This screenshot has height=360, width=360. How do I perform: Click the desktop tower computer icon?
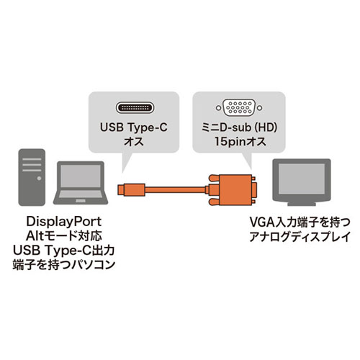[x=32, y=177]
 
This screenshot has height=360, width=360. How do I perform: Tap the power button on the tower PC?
[x=39, y=179]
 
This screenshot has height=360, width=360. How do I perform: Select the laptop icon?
[x=81, y=183]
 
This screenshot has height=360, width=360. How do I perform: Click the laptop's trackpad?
[x=81, y=201]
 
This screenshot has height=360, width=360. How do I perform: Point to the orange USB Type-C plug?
[x=132, y=189]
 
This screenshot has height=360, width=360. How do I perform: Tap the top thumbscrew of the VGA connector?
[x=214, y=179]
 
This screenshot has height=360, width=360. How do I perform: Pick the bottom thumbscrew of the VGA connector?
[x=214, y=202]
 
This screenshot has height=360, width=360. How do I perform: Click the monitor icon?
[x=302, y=182]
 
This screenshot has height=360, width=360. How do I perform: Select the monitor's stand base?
[x=302, y=204]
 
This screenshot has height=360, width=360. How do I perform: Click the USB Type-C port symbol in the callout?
[x=135, y=108]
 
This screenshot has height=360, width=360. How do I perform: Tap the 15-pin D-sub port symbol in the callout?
[x=239, y=108]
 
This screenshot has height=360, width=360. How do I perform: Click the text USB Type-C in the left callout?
[x=134, y=127]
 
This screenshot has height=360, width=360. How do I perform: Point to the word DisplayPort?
[x=64, y=222]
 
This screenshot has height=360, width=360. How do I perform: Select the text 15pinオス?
[x=240, y=141]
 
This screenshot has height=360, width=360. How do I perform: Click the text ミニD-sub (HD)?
[x=239, y=127]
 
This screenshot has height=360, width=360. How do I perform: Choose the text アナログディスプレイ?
[x=300, y=237]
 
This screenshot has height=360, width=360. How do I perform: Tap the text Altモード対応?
[x=64, y=236]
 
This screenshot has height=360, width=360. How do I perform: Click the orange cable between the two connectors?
[x=176, y=189]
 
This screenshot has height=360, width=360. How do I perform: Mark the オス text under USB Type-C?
[x=134, y=141]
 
